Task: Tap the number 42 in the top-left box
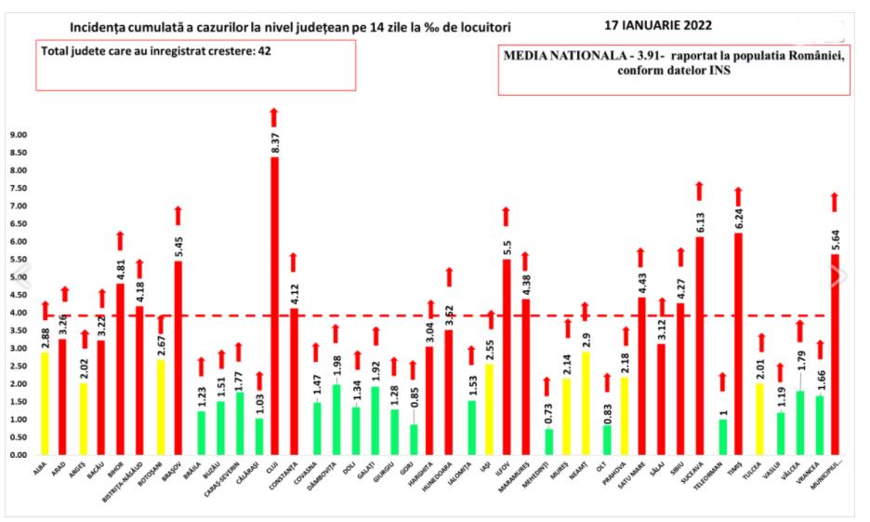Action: (x=263, y=50)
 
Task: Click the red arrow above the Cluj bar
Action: (x=274, y=117)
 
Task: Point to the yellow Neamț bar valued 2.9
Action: (x=586, y=403)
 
